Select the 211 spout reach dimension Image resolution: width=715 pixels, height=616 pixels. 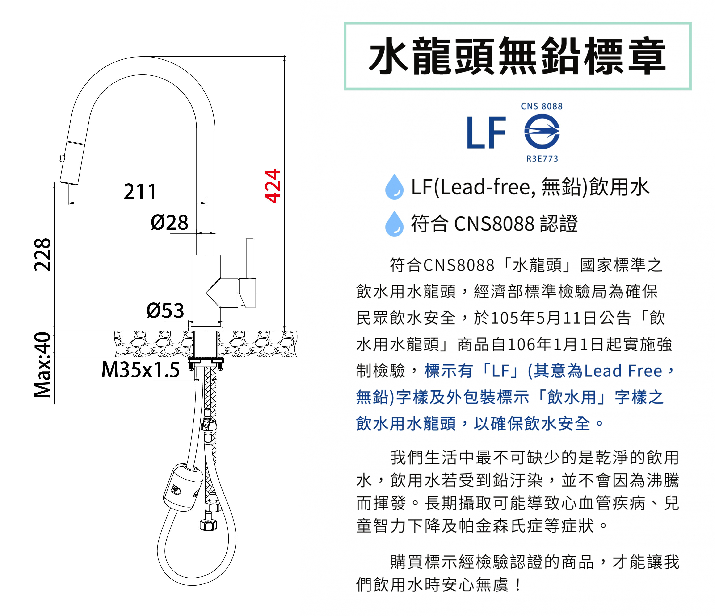tap(140, 192)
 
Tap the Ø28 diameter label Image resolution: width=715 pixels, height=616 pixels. tap(169, 222)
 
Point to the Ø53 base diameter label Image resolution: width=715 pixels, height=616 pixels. tap(165, 310)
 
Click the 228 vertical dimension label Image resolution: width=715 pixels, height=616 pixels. tap(42, 254)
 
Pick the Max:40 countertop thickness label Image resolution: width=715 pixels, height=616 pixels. tap(42, 364)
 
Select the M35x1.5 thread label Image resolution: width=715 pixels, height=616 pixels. tap(140, 370)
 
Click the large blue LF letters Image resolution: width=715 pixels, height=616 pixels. tap(486, 133)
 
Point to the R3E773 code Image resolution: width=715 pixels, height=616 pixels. tap(542, 159)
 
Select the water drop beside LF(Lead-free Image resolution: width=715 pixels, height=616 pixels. tap(394, 187)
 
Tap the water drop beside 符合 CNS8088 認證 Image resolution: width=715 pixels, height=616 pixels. tap(394, 224)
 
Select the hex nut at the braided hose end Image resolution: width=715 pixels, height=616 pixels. tap(208, 525)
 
